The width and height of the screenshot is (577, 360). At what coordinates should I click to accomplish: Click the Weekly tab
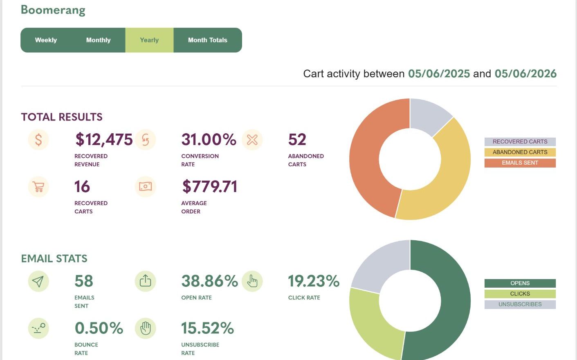[x=46, y=40]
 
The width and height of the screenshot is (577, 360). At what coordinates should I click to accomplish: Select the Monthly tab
[x=99, y=40]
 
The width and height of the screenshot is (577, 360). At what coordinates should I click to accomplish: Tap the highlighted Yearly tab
[x=149, y=40]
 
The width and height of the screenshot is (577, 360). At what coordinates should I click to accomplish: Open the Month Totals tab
[x=208, y=40]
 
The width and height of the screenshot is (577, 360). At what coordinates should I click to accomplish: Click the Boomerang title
[x=53, y=10]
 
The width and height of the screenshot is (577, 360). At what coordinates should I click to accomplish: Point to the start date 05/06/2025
[x=439, y=74]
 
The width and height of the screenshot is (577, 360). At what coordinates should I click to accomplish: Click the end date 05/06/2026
[x=525, y=74]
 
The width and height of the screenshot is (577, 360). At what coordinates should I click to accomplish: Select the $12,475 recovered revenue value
[x=104, y=140]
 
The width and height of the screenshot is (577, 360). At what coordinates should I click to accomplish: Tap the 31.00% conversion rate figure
[x=209, y=139]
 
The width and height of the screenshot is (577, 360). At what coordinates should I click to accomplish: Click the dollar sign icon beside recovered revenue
[x=38, y=140]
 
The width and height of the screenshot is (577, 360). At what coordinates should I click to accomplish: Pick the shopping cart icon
[x=38, y=187]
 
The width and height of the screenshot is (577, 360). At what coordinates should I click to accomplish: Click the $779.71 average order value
[x=210, y=187]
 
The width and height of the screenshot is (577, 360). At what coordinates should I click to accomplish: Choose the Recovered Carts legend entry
[x=520, y=141]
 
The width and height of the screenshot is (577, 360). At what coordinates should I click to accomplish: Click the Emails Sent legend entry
[x=520, y=163]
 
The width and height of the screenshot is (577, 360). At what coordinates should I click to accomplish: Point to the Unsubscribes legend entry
[x=520, y=304]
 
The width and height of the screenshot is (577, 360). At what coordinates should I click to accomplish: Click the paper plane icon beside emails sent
[x=38, y=281]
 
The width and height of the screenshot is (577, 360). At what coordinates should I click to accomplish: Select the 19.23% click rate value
[x=314, y=281]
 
